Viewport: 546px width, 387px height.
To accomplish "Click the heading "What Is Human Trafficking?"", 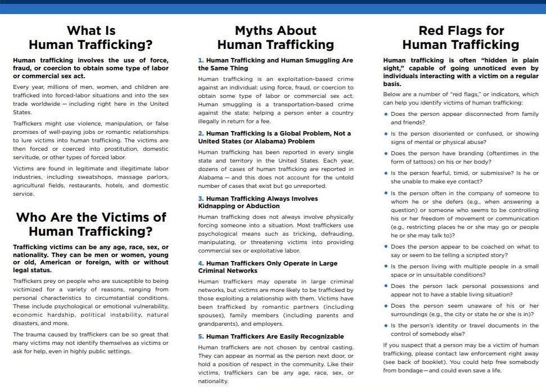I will [91, 37].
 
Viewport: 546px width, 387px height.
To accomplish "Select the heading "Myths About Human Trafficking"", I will [276, 37].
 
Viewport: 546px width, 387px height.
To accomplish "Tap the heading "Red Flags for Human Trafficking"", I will [461, 37].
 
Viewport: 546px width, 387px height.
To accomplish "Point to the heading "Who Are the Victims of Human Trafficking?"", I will [91, 224].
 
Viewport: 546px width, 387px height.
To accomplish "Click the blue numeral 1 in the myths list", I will [200, 60].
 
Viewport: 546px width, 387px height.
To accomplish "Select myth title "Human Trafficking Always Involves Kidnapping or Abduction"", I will [258, 202].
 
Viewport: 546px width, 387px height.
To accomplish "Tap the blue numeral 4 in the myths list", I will [201, 263].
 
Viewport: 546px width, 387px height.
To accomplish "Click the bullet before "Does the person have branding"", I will [386, 154].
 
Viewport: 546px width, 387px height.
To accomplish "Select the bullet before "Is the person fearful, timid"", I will [386, 174].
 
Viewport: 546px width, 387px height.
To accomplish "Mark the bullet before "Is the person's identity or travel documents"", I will [386, 326].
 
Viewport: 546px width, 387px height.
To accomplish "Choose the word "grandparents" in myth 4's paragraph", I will [217, 324].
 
